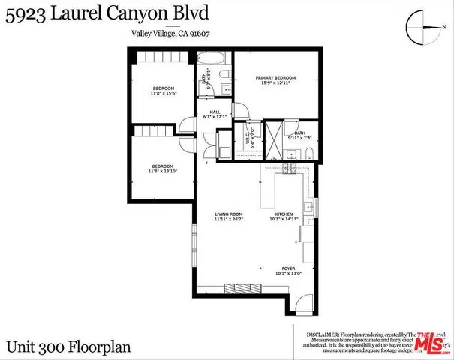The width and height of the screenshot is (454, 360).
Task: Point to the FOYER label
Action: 288,268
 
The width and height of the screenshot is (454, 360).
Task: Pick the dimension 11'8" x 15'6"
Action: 162,94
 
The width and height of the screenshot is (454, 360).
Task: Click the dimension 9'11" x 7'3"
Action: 299,138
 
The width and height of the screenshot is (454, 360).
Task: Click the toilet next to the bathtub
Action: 225,73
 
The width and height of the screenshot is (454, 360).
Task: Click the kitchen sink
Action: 308,206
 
